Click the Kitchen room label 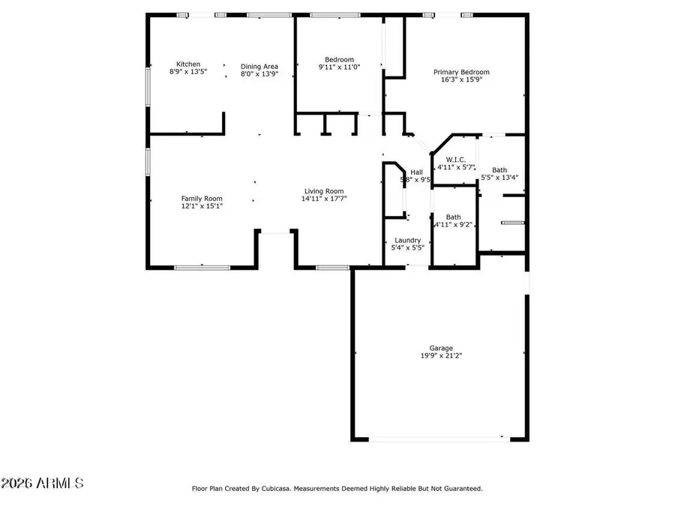pos(188,64)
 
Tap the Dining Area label pos(259,66)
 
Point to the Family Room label pos(202,198)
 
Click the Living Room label pos(323,191)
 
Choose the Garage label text pos(441,348)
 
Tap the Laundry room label pos(407,240)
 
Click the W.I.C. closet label pos(456,160)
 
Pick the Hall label pos(415,172)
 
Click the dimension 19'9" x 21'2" pos(441,356)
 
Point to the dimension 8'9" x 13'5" pos(188,73)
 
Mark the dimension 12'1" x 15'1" pos(202,206)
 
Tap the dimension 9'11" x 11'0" pos(339,67)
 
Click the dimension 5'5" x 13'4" pos(499,178)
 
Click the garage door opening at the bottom pos(439,439)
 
